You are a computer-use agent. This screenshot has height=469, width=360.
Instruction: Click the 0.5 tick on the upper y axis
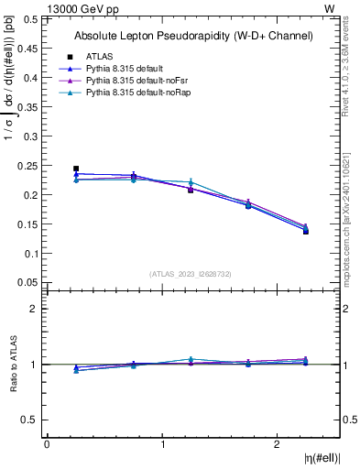(x=31, y=19)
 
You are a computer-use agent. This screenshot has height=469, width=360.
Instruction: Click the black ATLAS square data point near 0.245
(x=76, y=169)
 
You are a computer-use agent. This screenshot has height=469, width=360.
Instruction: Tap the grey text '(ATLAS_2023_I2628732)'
(x=191, y=274)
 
